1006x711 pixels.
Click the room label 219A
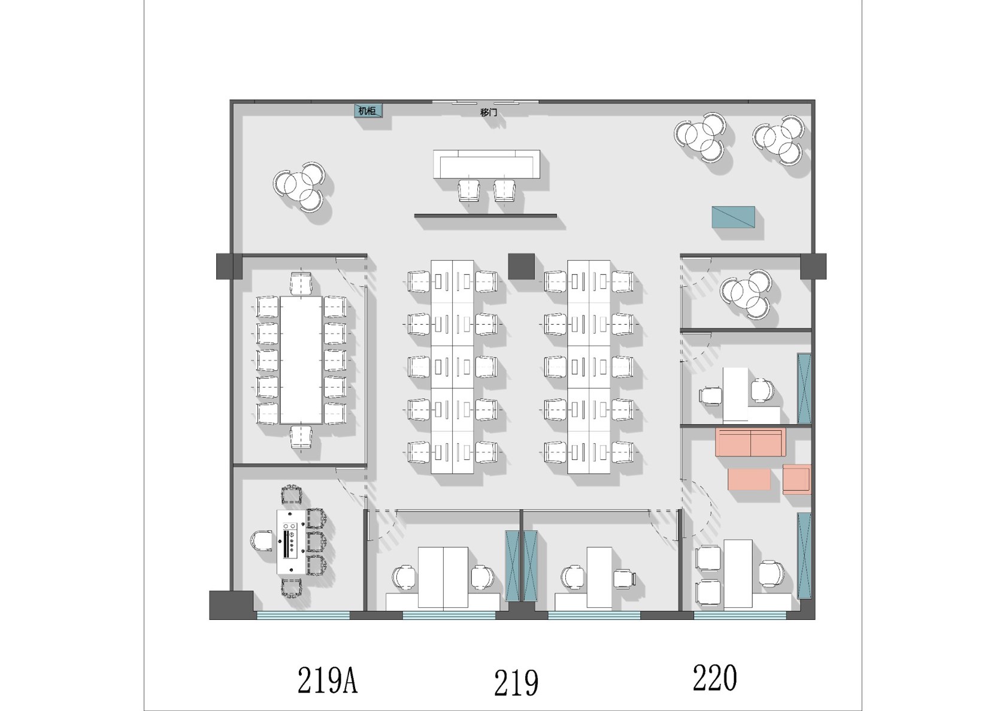point(328,680)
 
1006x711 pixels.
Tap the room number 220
point(715,678)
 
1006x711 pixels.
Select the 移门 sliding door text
point(488,112)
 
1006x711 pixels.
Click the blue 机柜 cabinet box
point(368,110)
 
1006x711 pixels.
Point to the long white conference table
point(301,360)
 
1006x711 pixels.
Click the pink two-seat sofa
point(750,443)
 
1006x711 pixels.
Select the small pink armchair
point(796,480)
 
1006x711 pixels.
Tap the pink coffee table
point(749,479)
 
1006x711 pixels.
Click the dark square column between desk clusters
point(522,267)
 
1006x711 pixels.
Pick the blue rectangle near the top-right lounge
point(734,217)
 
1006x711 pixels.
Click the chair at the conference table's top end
point(301,283)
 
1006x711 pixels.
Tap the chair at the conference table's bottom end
point(301,437)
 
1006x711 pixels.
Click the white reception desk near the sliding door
point(486,164)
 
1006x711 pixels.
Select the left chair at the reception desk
point(469,190)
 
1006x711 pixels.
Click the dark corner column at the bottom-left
point(231,605)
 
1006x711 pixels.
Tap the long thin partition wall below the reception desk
point(486,216)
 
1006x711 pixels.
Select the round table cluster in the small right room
point(746,294)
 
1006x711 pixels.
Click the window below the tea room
point(303,615)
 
